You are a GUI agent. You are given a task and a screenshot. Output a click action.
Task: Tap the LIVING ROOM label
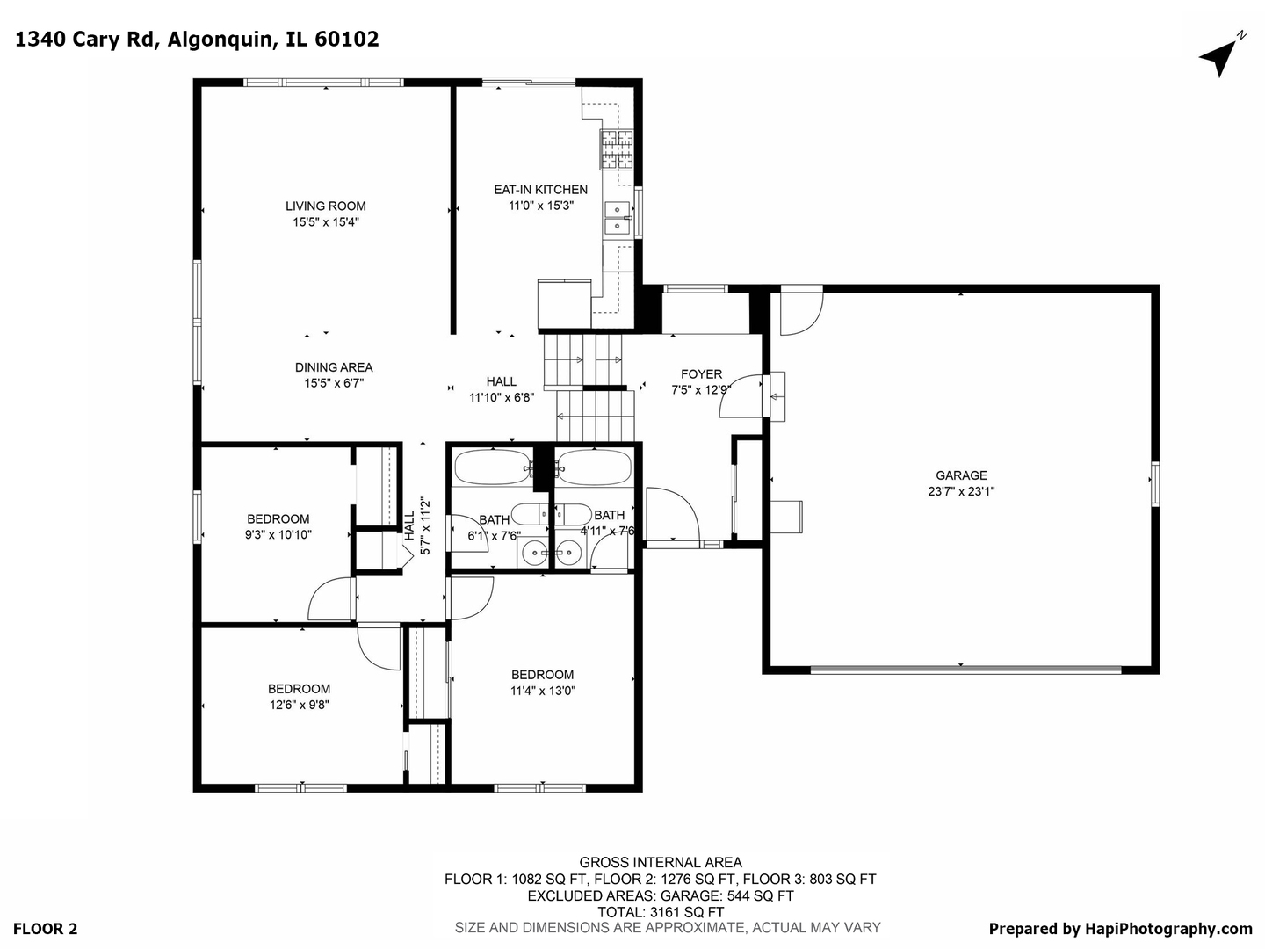(325, 206)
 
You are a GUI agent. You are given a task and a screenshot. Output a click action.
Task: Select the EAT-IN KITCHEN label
(540, 190)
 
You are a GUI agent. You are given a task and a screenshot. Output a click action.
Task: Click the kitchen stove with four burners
(617, 149)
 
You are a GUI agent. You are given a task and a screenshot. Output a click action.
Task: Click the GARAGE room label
(961, 475)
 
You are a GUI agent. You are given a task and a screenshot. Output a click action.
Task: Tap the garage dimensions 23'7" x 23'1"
(961, 492)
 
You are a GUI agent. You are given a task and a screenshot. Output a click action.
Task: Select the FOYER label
(701, 374)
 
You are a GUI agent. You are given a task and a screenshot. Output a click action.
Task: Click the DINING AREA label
(334, 367)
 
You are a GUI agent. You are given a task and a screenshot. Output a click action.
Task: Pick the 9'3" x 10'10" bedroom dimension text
(278, 534)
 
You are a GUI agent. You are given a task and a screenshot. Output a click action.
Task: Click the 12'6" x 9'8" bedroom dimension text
(300, 705)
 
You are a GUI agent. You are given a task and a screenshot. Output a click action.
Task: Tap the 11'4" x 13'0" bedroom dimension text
(543, 691)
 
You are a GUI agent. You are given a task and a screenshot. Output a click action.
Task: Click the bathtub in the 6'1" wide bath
(492, 467)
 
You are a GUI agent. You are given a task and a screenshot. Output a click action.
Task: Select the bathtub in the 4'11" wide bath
(594, 467)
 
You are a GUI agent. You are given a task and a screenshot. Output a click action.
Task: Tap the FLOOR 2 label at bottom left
(46, 929)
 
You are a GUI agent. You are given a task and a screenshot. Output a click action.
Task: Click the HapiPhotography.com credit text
(1120, 929)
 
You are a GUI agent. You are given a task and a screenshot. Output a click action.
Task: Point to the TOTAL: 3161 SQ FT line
(661, 912)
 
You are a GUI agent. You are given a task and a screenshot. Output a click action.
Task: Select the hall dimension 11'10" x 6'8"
(502, 397)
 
